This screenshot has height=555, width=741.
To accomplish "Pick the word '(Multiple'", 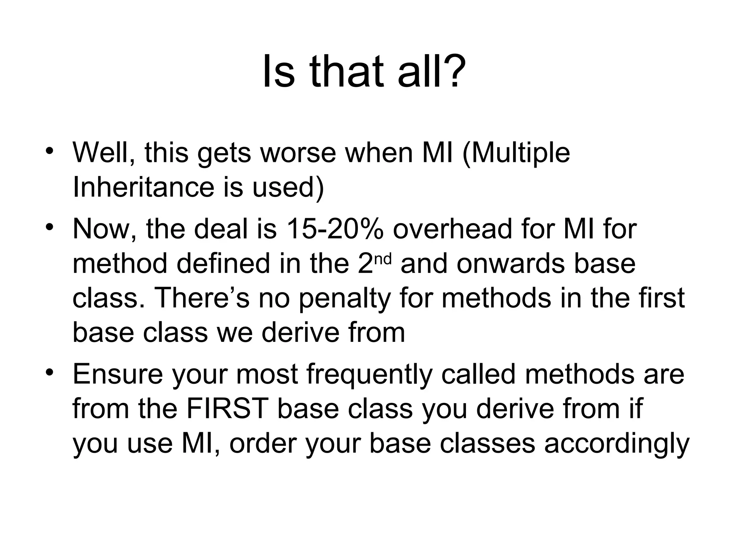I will click(x=516, y=154).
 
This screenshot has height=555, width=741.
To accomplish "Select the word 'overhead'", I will click(x=452, y=229).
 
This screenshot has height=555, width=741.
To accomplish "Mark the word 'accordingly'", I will click(x=617, y=444).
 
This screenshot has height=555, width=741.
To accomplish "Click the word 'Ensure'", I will click(x=118, y=374).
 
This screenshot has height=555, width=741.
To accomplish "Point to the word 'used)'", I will click(x=288, y=188).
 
